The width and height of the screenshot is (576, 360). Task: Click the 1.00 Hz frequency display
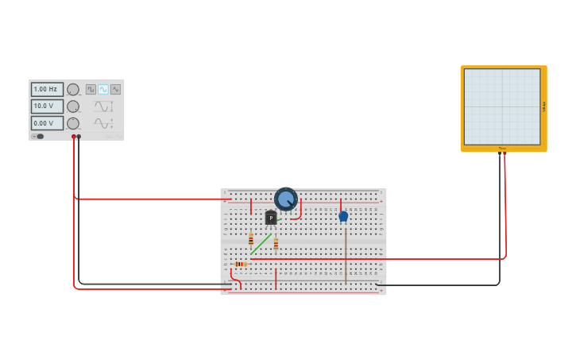point(47,89)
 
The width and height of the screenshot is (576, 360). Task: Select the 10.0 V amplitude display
point(47,106)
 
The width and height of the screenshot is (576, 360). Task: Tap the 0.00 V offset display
point(47,123)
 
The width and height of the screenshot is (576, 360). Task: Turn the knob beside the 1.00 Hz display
point(73,90)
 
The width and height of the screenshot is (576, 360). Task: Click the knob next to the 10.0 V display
point(73,106)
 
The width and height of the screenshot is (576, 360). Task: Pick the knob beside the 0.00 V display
point(73,123)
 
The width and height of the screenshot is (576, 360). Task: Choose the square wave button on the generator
point(91,89)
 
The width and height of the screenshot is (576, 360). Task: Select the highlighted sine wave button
point(103,89)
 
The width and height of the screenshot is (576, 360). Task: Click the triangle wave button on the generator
point(116,89)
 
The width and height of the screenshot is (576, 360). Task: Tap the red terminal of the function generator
point(74,137)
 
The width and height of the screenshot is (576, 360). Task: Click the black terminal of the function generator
point(79,137)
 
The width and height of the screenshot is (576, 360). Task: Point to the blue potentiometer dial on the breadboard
point(286,199)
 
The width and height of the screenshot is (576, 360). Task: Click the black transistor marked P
point(271,217)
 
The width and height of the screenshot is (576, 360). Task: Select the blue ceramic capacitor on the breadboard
point(343,215)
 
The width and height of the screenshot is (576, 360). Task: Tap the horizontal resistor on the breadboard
point(240,264)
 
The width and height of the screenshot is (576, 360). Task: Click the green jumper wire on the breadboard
point(261,243)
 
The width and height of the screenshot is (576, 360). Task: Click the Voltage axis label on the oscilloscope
point(544,106)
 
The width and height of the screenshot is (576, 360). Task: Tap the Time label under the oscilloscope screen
point(502,149)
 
